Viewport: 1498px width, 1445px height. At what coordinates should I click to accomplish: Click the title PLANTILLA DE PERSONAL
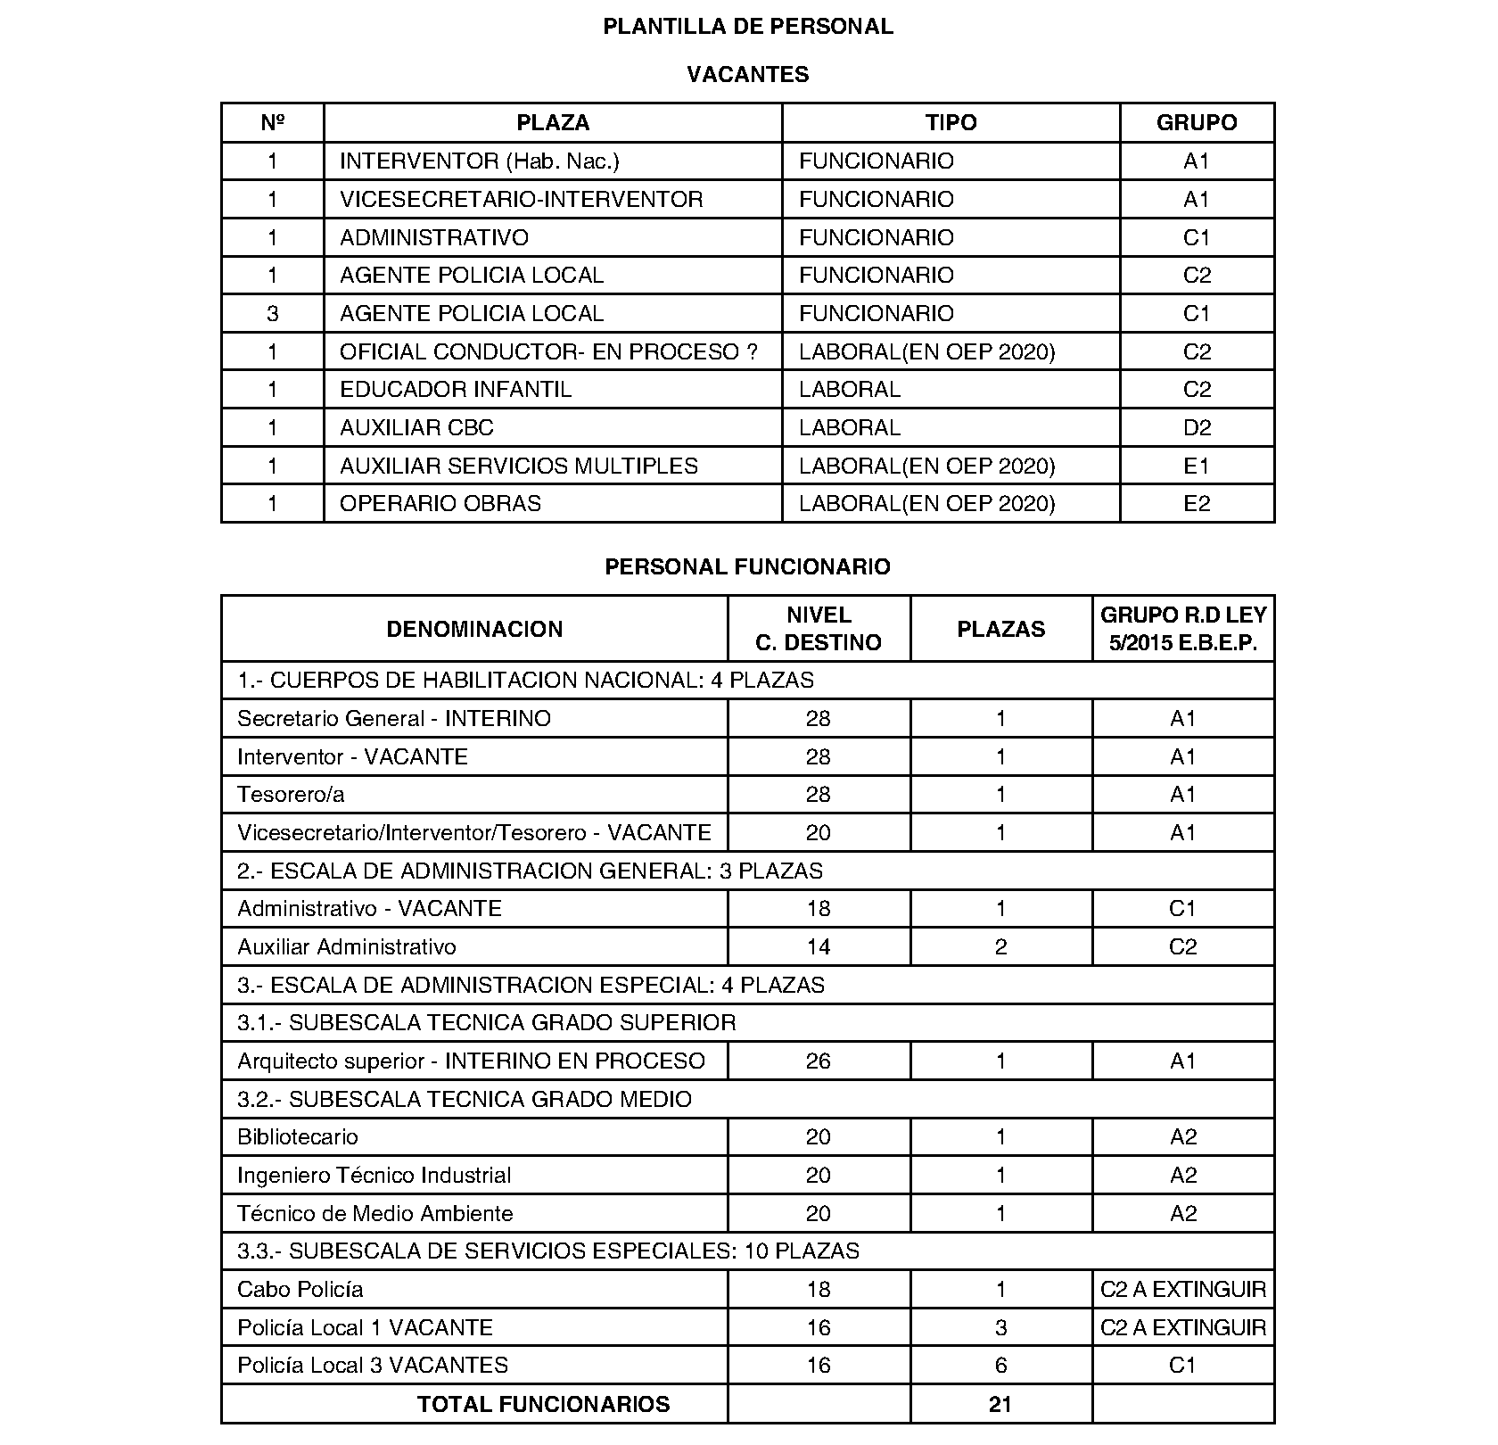[x=747, y=27]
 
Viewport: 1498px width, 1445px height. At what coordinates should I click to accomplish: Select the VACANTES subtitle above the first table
[x=747, y=75]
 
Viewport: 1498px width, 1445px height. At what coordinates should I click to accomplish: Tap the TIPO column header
[x=951, y=123]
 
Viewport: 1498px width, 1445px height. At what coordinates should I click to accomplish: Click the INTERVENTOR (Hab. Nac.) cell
[x=479, y=161]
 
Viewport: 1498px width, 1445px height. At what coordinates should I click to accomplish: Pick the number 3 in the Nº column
[x=272, y=314]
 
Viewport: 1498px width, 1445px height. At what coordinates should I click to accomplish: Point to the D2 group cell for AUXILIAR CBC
[x=1197, y=428]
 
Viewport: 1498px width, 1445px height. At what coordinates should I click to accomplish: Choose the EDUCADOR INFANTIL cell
[x=455, y=390]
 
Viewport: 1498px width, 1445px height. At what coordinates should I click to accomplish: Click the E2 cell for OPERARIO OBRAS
[x=1197, y=504]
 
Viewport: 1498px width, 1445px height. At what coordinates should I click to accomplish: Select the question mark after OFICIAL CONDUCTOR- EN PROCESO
[x=753, y=352]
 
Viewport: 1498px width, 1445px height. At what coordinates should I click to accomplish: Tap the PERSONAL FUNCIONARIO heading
[x=747, y=567]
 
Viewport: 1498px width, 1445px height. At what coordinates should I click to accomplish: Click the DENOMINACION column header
[x=474, y=630]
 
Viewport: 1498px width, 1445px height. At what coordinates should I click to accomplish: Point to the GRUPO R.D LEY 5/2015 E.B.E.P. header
[x=1183, y=629]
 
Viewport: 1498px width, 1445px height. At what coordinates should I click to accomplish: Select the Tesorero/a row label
[x=291, y=795]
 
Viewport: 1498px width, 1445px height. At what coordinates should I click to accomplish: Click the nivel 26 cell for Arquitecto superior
[x=818, y=1061]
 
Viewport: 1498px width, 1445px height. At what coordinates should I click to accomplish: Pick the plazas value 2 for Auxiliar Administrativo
[x=1000, y=947]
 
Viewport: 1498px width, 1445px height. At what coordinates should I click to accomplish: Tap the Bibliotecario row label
[x=297, y=1137]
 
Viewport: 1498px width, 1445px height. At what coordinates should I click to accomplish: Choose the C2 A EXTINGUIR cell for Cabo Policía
[x=1183, y=1290]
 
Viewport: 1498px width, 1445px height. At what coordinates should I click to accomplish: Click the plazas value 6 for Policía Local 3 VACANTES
[x=1000, y=1366]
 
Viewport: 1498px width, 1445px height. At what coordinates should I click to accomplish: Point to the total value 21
[x=1000, y=1405]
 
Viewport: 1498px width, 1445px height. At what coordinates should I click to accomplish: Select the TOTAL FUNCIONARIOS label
[x=543, y=1405]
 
